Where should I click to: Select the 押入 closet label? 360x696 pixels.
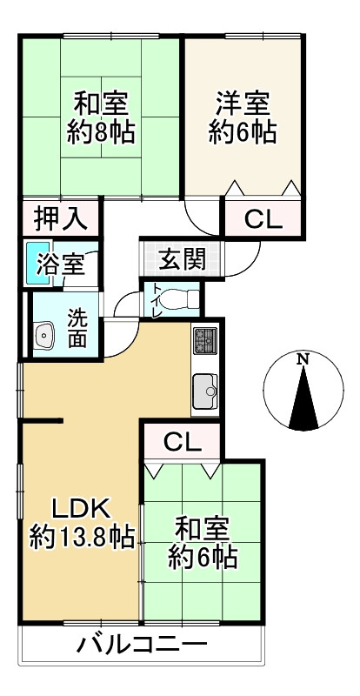60,218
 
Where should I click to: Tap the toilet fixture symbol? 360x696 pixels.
179,298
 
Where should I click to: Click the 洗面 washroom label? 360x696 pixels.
77,329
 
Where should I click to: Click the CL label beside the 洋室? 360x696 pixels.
263,219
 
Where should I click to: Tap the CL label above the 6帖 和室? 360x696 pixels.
182,441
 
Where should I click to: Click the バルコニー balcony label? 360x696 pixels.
141,646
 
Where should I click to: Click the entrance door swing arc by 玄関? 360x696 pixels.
250,252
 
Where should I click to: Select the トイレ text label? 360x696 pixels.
157,299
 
